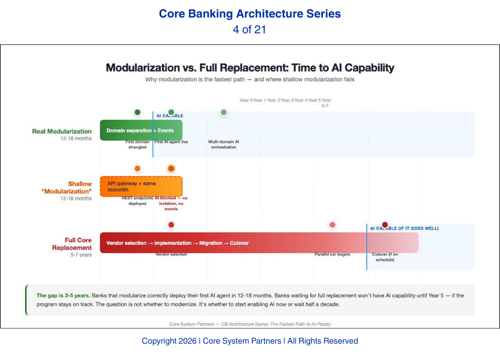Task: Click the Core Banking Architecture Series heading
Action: coord(249,13)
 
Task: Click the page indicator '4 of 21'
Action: coord(249,29)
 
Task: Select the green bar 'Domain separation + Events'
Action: coord(141,130)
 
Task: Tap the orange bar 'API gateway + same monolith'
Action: coord(141,186)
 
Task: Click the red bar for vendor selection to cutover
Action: coord(259,243)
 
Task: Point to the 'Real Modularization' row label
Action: coord(62,131)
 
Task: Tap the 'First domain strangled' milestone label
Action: coord(137,144)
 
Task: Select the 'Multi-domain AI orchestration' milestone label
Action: coord(223,144)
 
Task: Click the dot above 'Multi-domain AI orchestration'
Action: coord(224,112)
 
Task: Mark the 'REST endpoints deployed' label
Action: coord(137,200)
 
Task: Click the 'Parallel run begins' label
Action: coord(332,254)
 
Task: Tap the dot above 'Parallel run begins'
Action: coord(332,225)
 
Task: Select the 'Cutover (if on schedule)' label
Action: coord(385,257)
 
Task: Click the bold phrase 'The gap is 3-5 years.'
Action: coord(62,296)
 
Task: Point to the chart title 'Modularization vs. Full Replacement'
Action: coord(249,68)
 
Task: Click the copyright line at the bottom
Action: coord(249,341)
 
